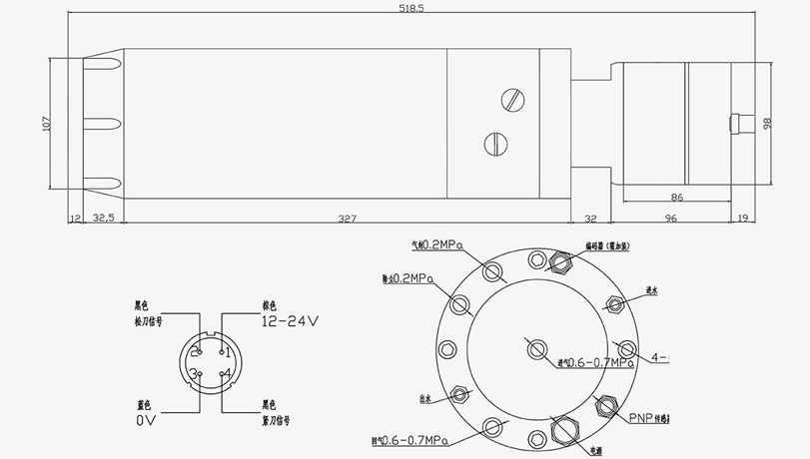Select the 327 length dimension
pos(348,217)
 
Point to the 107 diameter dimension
pos(45,124)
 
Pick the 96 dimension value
pos(670,217)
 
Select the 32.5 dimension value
pos(103,217)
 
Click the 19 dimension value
pos(741,217)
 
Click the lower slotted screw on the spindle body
pos(495,144)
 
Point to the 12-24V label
pos(289,321)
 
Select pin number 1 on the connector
pos(227,352)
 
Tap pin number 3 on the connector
pos(197,374)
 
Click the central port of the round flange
pos(536,348)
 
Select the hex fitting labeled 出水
pos(458,394)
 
